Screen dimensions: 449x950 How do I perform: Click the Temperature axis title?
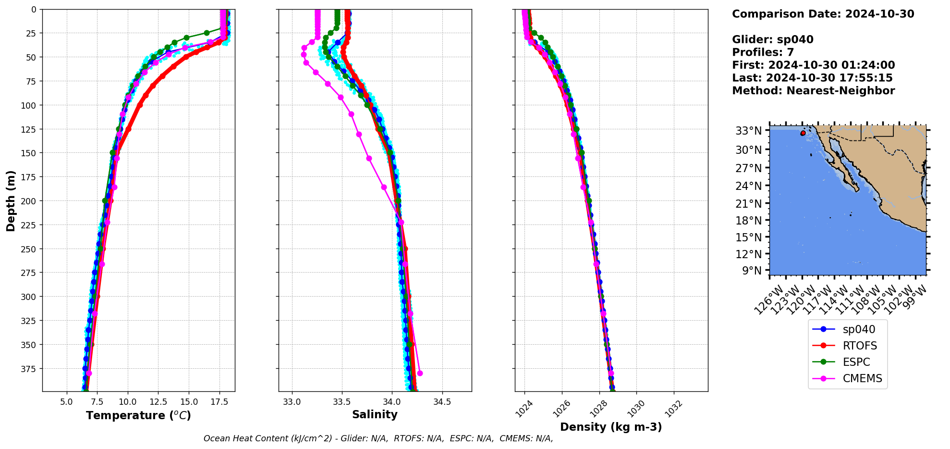tap(138, 415)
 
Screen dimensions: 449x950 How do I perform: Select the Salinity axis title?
tap(375, 415)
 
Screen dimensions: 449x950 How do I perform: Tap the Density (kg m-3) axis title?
tap(611, 427)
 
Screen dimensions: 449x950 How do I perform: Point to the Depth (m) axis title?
tap(11, 200)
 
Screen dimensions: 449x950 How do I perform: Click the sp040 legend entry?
tap(859, 329)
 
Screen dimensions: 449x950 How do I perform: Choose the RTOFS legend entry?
tap(860, 346)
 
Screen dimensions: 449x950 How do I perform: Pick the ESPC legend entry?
tap(856, 362)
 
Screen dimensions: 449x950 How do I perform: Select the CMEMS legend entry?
tap(862, 378)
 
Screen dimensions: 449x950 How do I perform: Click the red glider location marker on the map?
tap(803, 133)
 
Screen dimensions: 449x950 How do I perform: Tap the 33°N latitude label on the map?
tap(749, 131)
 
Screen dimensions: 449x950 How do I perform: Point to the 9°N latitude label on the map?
tap(752, 271)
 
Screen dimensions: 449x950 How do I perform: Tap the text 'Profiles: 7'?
tap(763, 52)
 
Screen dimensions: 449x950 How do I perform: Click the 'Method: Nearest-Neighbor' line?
tap(813, 91)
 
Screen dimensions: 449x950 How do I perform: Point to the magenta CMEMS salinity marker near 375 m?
tap(420, 373)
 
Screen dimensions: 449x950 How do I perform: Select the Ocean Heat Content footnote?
tap(378, 438)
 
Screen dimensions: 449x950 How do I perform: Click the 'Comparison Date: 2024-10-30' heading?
tap(823, 14)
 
